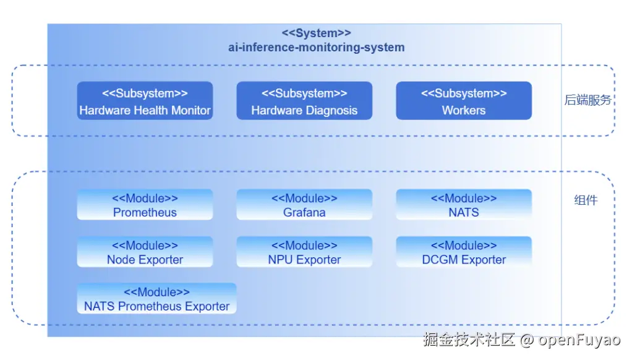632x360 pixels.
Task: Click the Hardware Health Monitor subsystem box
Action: [x=145, y=101]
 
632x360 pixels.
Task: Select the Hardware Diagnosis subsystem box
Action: [x=304, y=101]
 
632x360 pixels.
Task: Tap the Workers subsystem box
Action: [x=464, y=101]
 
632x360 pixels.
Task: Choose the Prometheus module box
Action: [x=145, y=205]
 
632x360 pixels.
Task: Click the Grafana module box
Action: [x=304, y=205]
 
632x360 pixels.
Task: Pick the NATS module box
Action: [x=464, y=205]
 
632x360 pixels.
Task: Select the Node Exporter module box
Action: [x=145, y=252]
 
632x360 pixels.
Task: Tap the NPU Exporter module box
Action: [x=304, y=252]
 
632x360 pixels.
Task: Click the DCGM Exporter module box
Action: [x=464, y=252]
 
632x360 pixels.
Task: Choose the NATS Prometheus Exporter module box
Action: [x=156, y=299]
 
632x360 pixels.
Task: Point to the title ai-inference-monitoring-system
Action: [x=316, y=47]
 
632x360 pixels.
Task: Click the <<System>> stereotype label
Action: [x=316, y=33]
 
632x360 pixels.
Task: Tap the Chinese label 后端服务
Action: [x=587, y=100]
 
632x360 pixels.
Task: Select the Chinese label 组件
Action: [x=586, y=200]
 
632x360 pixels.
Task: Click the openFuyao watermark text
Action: [x=579, y=340]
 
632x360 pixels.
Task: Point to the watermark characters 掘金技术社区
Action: [x=469, y=340]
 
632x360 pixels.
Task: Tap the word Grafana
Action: [x=304, y=212]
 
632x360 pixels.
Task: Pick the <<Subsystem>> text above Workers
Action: [x=464, y=93]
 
